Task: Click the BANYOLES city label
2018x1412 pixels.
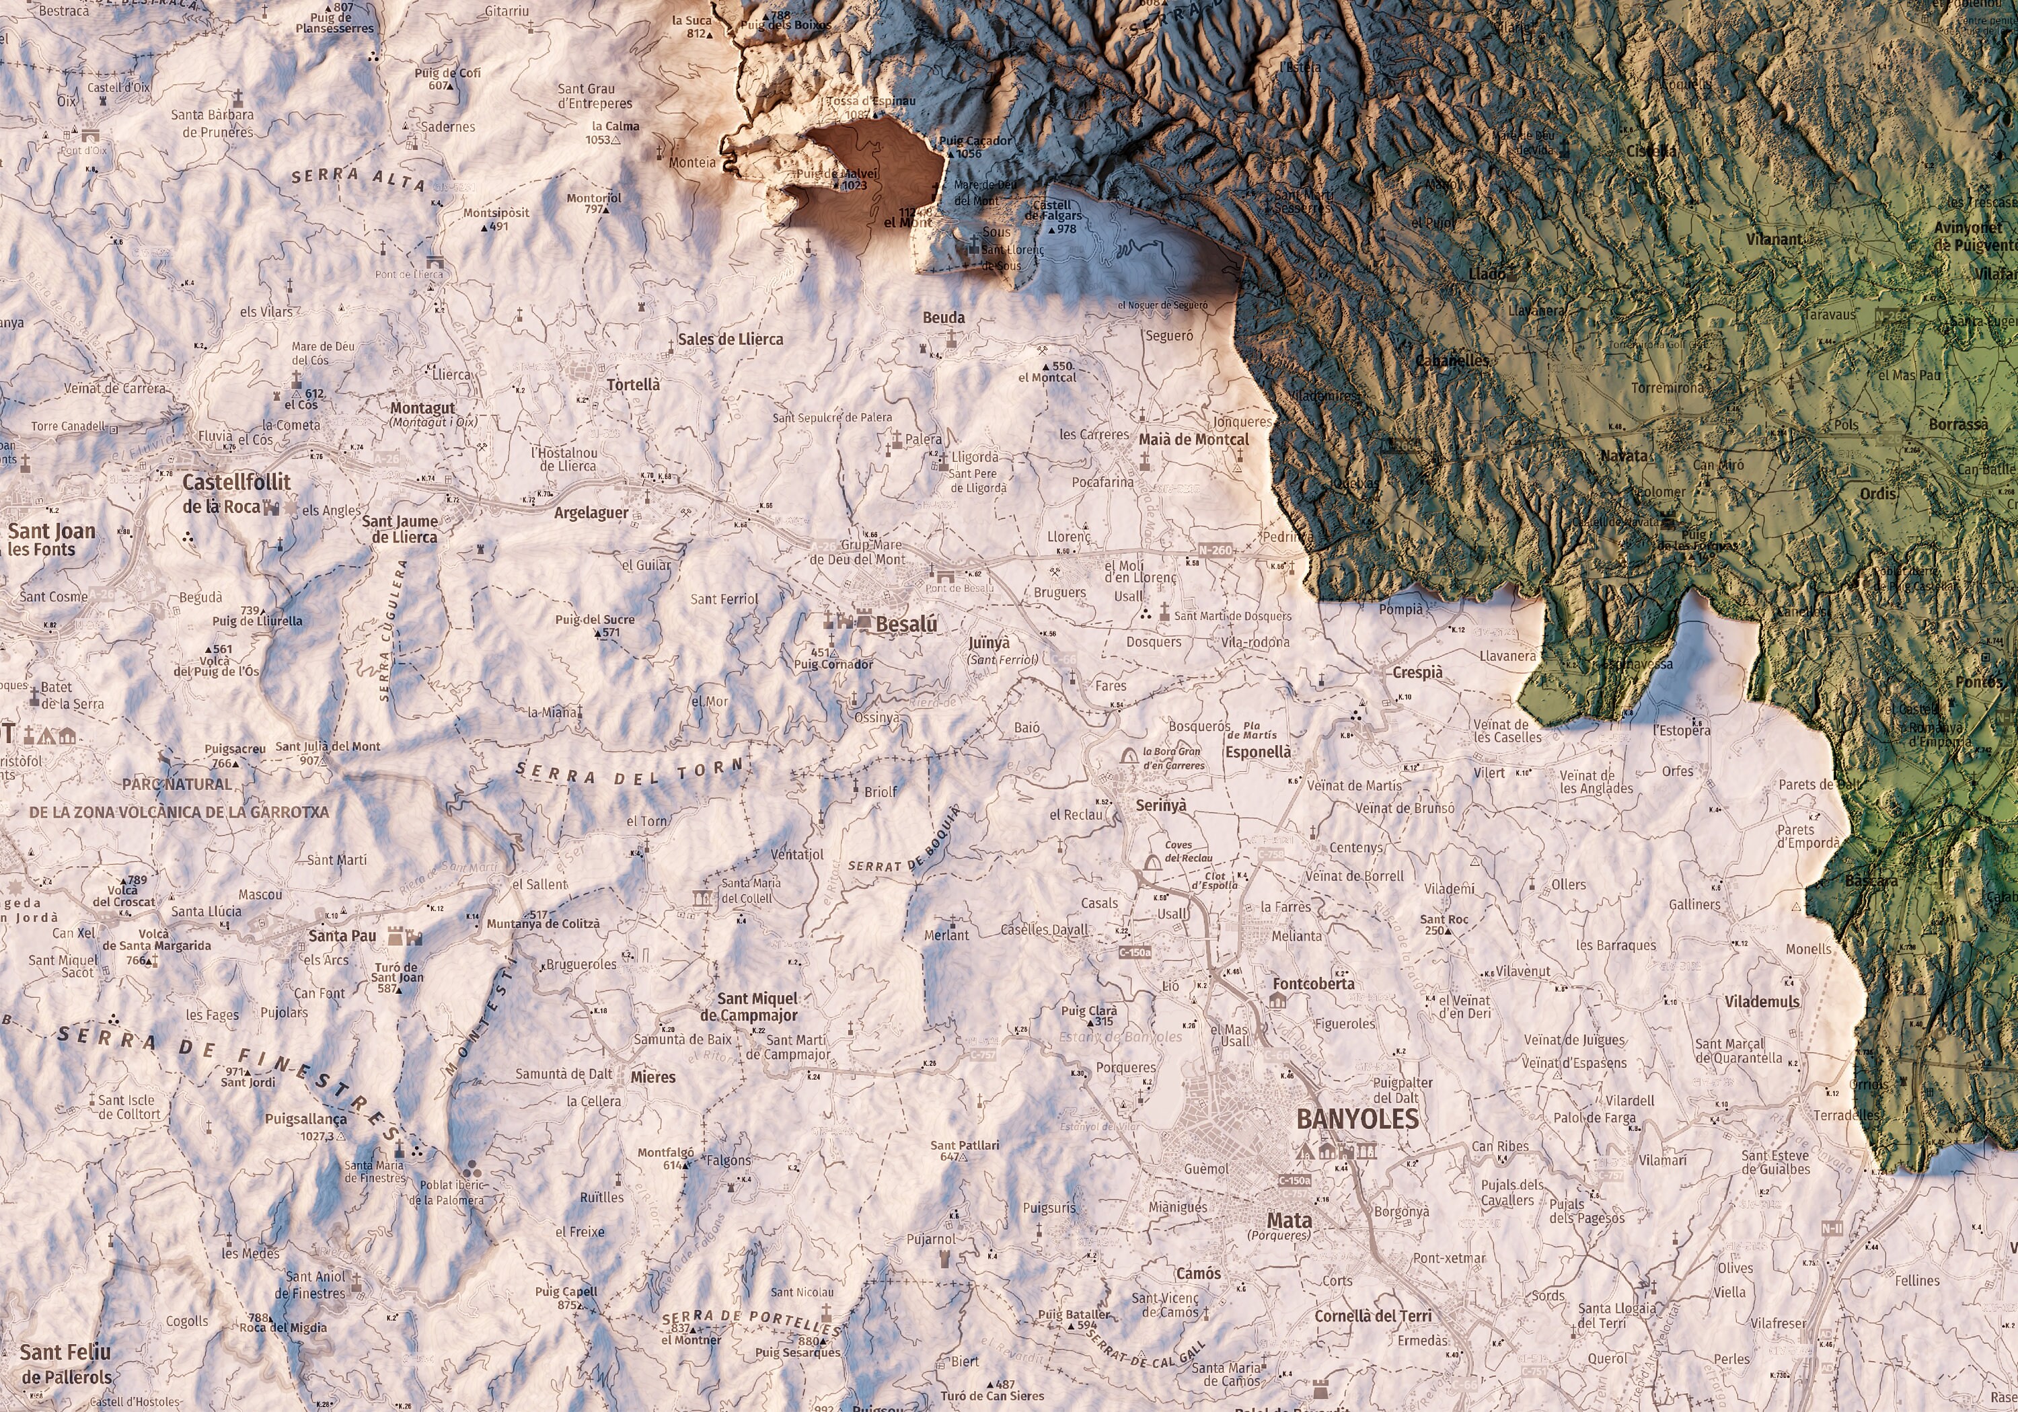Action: [x=1357, y=1119]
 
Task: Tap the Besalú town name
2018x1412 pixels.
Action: [x=906, y=625]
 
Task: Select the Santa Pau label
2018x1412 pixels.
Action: [x=342, y=936]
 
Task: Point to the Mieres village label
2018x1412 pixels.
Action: [x=653, y=1077]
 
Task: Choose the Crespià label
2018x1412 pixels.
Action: [x=1418, y=672]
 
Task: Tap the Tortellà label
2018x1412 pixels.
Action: [x=633, y=385]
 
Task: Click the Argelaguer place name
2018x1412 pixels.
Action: [x=591, y=513]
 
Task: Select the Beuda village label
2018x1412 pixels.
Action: [x=943, y=318]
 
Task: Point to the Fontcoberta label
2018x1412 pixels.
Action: [x=1313, y=983]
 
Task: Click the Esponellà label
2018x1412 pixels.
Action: [x=1258, y=752]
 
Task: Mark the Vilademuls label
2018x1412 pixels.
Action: [x=1761, y=1002]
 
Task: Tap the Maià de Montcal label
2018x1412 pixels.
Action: [x=1193, y=439]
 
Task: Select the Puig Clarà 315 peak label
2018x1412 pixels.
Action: [x=1089, y=1016]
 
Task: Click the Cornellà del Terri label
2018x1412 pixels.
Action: [x=1373, y=1317]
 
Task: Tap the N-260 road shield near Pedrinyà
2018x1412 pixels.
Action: [x=1215, y=550]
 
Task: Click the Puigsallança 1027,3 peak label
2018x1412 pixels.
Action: [x=306, y=1126]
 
